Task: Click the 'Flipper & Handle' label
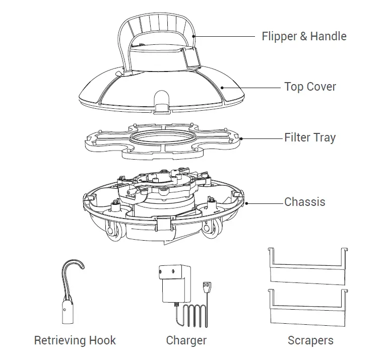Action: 304,36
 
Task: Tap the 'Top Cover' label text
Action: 310,87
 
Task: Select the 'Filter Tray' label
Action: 310,137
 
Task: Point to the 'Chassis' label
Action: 305,202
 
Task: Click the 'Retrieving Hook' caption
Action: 75,340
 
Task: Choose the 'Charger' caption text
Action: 186,340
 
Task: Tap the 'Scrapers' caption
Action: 310,340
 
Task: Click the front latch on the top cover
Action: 162,105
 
